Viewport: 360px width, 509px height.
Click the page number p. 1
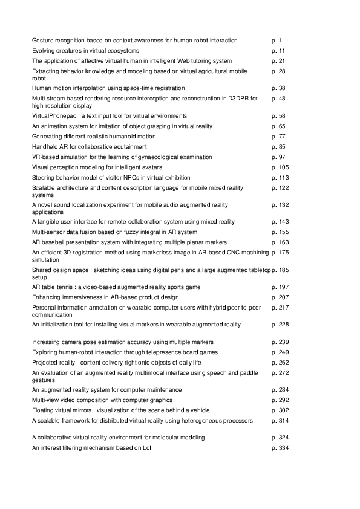pos(277,41)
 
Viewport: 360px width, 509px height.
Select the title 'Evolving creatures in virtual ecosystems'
pos(85,51)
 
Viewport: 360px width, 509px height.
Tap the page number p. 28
pos(279,71)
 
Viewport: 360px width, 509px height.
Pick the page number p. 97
pos(279,157)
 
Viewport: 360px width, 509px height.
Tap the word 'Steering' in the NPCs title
pos(44,178)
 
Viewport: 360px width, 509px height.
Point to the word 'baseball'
pos(53,242)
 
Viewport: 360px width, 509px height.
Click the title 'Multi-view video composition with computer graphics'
pos(102,400)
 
